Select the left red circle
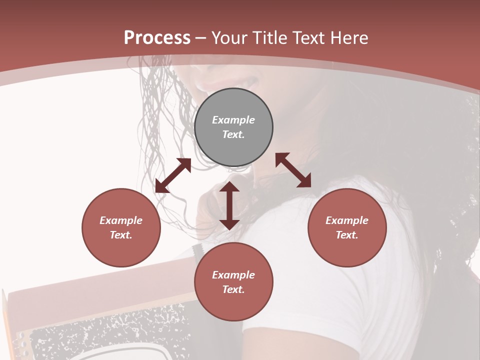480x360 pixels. click(121, 227)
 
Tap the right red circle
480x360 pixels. click(347, 227)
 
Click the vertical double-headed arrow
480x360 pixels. click(229, 205)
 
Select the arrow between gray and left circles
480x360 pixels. click(173, 175)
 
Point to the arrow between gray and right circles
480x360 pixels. click(293, 170)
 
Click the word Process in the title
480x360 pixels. click(157, 38)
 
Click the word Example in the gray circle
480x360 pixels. click(233, 120)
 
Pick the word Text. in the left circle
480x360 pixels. click(121, 235)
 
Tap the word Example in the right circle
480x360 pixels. click(347, 220)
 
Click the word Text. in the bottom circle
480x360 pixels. click(233, 289)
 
